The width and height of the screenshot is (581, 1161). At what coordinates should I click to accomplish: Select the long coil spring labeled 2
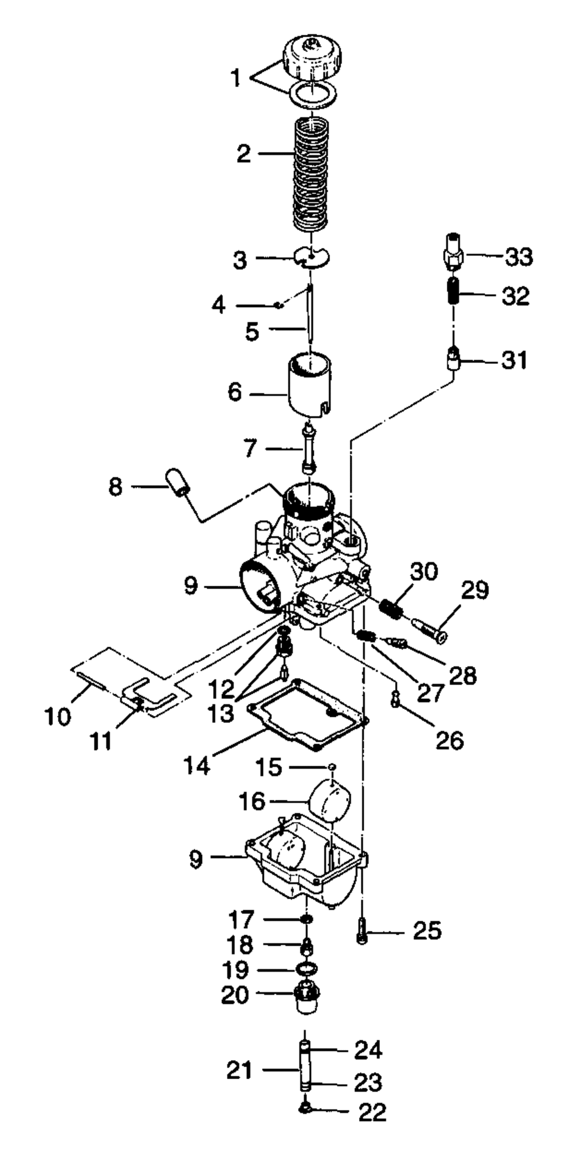click(x=312, y=174)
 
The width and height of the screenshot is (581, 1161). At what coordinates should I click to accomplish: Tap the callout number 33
click(x=518, y=257)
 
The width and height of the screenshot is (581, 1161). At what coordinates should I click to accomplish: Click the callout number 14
click(x=196, y=766)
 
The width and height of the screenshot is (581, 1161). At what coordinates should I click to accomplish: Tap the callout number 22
click(x=372, y=1112)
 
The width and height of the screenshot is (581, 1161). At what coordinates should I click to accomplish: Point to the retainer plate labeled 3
click(x=312, y=257)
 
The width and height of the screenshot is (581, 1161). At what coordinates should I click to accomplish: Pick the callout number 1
click(x=235, y=78)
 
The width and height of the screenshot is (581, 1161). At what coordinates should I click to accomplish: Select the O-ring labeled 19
click(x=307, y=969)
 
